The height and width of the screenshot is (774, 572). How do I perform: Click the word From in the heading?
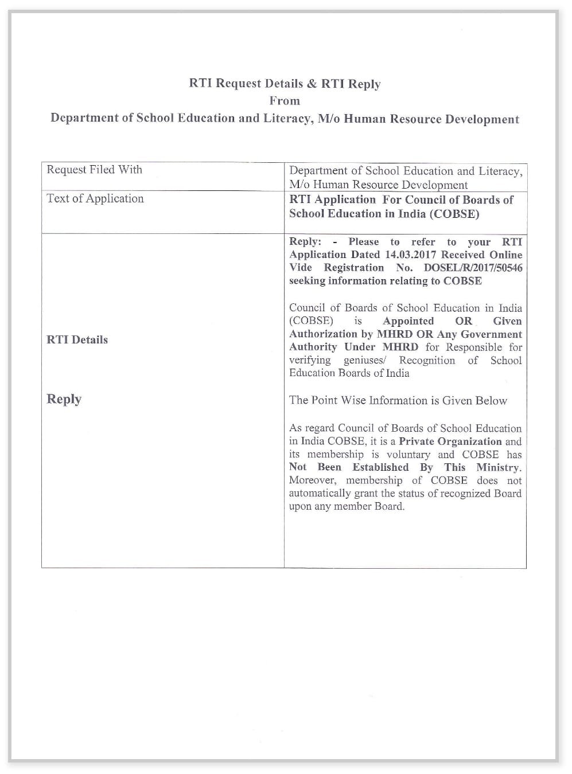pos(285,101)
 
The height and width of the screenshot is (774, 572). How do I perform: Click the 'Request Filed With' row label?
pos(94,170)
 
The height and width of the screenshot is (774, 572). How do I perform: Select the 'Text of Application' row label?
pos(95,198)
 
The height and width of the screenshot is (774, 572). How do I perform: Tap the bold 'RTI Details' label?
pos(77,339)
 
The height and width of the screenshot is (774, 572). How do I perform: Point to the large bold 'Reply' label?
pos(64,399)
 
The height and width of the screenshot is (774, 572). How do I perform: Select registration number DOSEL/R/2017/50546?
pos(473,268)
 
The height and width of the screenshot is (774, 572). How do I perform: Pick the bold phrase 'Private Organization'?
pos(450,441)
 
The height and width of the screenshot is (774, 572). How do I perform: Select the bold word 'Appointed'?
pos(408,321)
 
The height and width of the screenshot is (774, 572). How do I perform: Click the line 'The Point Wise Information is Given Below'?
pos(398,400)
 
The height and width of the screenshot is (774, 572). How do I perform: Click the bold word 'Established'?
pos(380,467)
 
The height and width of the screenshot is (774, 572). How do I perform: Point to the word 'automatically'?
pos(320,493)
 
